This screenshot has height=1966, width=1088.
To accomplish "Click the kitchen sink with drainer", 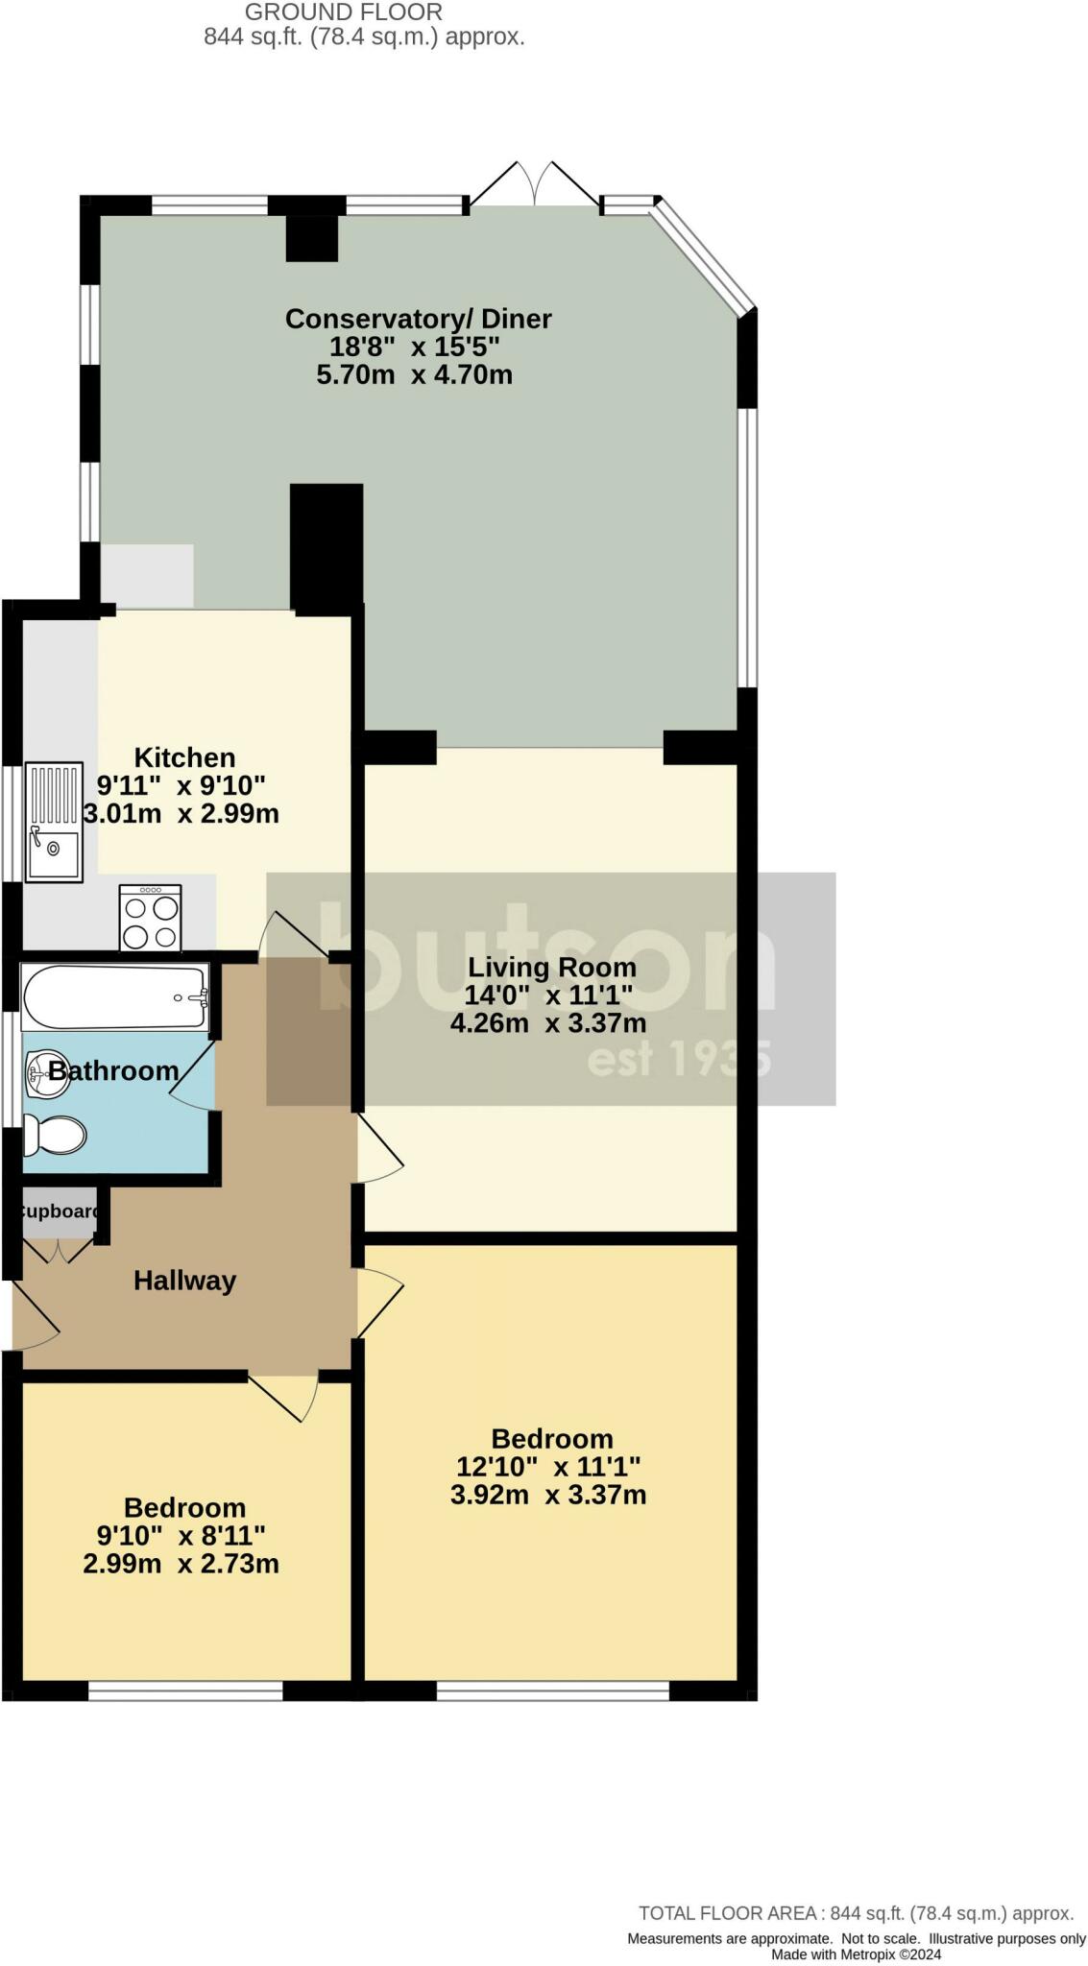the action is tap(55, 821).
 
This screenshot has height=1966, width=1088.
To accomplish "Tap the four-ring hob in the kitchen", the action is tap(150, 918).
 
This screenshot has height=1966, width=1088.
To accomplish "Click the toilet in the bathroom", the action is tap(54, 1135).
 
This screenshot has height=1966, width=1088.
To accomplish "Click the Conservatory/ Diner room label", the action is tap(419, 319).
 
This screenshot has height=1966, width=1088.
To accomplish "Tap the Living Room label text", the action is tap(552, 967).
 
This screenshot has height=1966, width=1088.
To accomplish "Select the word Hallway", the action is tap(184, 1280).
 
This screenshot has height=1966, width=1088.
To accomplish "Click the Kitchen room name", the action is tap(184, 756).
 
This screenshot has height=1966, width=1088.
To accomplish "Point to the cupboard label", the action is tap(60, 1211).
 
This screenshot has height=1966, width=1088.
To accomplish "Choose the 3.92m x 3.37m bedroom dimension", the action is tap(548, 1495).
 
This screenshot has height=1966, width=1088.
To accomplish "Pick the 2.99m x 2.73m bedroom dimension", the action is tap(181, 1564).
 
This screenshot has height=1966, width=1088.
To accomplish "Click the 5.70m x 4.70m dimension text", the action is tap(415, 374).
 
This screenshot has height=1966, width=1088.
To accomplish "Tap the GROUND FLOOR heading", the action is tap(344, 12).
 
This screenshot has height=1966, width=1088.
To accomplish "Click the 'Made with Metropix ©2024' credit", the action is tap(857, 1954).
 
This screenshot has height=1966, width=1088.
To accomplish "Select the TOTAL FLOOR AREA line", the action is tap(857, 1913).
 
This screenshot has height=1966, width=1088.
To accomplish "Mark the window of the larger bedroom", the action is tap(553, 1690).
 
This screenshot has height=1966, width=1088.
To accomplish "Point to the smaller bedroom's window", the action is tap(185, 1690).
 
